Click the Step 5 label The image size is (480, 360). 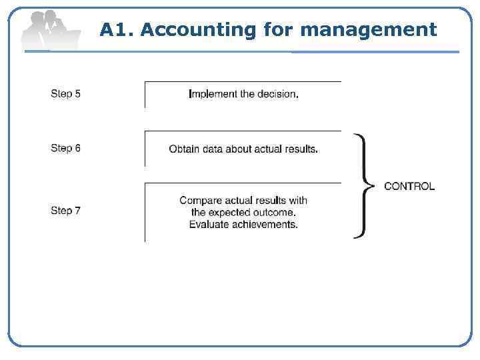[65, 94]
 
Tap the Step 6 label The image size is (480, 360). [65, 148]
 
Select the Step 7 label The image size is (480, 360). [65, 211]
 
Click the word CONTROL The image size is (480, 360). [409, 186]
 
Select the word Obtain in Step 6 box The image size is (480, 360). [184, 149]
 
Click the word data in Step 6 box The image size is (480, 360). [213, 149]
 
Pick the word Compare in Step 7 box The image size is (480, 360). [200, 200]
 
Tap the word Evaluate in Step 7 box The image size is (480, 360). [210, 225]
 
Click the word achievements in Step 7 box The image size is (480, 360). [266, 225]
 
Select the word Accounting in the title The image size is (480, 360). [198, 30]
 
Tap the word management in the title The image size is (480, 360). [369, 30]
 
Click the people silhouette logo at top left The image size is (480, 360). [48, 30]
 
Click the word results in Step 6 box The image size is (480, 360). [299, 149]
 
